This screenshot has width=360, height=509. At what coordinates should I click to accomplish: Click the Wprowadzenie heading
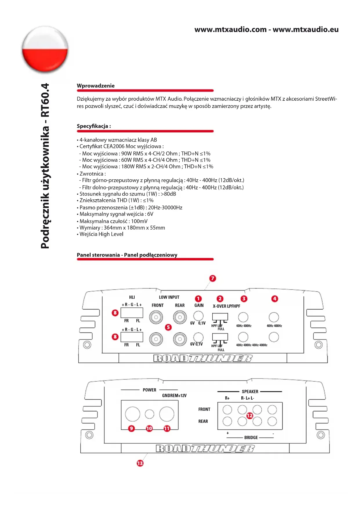coord(95,86)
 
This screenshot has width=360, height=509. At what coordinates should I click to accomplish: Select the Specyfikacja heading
coord(93,126)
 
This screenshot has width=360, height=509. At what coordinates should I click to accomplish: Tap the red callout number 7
coord(213,278)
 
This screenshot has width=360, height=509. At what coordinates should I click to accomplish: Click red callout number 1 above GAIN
coord(198,299)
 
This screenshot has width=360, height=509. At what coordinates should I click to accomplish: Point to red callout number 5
coord(168,327)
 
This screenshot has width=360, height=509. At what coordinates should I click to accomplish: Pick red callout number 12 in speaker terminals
coord(249,416)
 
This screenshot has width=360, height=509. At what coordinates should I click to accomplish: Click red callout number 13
coord(140,463)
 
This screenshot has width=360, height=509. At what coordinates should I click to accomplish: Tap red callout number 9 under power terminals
coord(131,428)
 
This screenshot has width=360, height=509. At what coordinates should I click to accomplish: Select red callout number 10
coord(149,428)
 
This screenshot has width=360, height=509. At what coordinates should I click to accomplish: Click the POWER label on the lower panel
coord(149,390)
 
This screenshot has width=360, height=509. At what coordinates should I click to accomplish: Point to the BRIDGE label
coord(251,437)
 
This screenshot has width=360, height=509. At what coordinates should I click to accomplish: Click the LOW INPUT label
coord(169,297)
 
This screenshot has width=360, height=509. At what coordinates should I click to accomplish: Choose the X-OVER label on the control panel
coord(219,306)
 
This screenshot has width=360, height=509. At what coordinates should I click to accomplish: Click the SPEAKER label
coord(250,391)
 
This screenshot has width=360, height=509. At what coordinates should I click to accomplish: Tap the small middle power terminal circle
coord(149,414)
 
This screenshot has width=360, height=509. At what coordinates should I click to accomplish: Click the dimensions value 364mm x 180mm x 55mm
coord(134,228)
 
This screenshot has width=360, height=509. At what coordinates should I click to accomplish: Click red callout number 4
coord(274,299)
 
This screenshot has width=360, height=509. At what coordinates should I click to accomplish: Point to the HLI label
coord(132,297)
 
